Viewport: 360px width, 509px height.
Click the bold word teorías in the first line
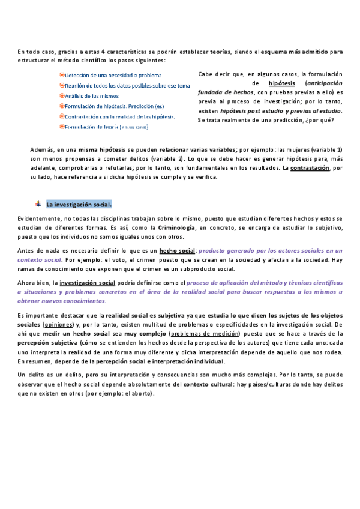click(x=221, y=52)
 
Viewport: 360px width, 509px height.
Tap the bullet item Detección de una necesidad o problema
click(x=113, y=75)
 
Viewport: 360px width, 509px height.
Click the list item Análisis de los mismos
click(x=91, y=95)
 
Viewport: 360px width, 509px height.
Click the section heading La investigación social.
click(x=79, y=204)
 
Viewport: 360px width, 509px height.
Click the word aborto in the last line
click(x=140, y=393)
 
